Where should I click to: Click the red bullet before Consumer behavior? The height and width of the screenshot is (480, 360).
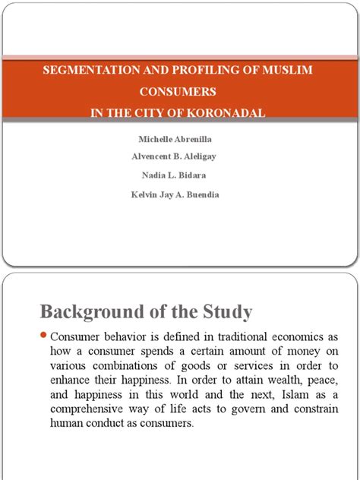pos(43,336)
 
